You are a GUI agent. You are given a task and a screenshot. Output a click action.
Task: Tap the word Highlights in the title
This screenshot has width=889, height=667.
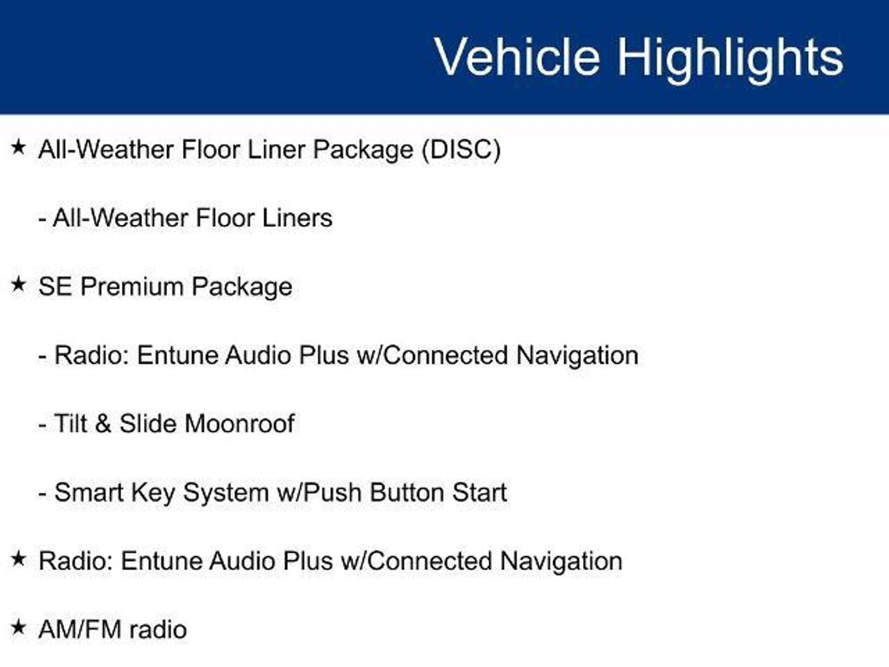click(730, 59)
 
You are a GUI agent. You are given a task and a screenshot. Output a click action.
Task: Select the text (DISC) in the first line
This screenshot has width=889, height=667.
click(461, 149)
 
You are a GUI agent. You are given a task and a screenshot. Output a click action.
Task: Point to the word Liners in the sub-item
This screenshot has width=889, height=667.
click(297, 218)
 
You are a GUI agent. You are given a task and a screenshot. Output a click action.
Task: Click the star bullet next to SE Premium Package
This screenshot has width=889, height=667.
click(18, 284)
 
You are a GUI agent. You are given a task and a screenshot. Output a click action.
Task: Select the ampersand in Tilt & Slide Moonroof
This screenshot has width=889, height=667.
click(103, 423)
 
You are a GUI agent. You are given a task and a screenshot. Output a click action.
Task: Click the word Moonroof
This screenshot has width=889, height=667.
click(240, 423)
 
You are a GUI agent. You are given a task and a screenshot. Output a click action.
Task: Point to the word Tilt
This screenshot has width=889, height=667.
click(71, 423)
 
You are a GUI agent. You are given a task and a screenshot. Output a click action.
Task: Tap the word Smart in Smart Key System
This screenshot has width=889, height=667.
click(89, 492)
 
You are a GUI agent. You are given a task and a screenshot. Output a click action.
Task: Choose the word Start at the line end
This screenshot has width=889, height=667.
click(479, 492)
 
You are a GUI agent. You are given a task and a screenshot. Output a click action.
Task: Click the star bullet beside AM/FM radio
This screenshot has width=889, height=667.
click(18, 627)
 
